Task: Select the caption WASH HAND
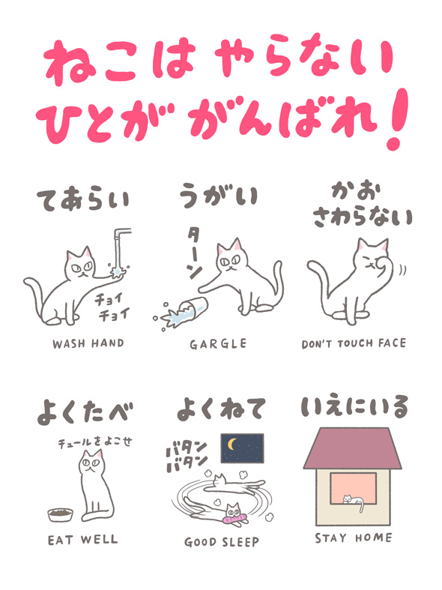(88, 343)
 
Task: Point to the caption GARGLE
(218, 344)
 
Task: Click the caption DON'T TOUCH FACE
(354, 344)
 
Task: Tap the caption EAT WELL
(82, 540)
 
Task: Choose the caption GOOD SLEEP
(222, 542)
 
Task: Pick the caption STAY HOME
(354, 538)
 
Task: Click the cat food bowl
(60, 514)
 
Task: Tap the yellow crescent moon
(232, 444)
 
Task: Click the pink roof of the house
(353, 448)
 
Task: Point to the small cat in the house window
(354, 501)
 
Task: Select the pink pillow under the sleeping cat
(236, 520)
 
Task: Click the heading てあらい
(83, 200)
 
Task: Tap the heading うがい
(218, 195)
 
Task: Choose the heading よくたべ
(85, 412)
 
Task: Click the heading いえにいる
(354, 407)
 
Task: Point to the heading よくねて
(222, 409)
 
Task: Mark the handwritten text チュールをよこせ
(94, 442)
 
